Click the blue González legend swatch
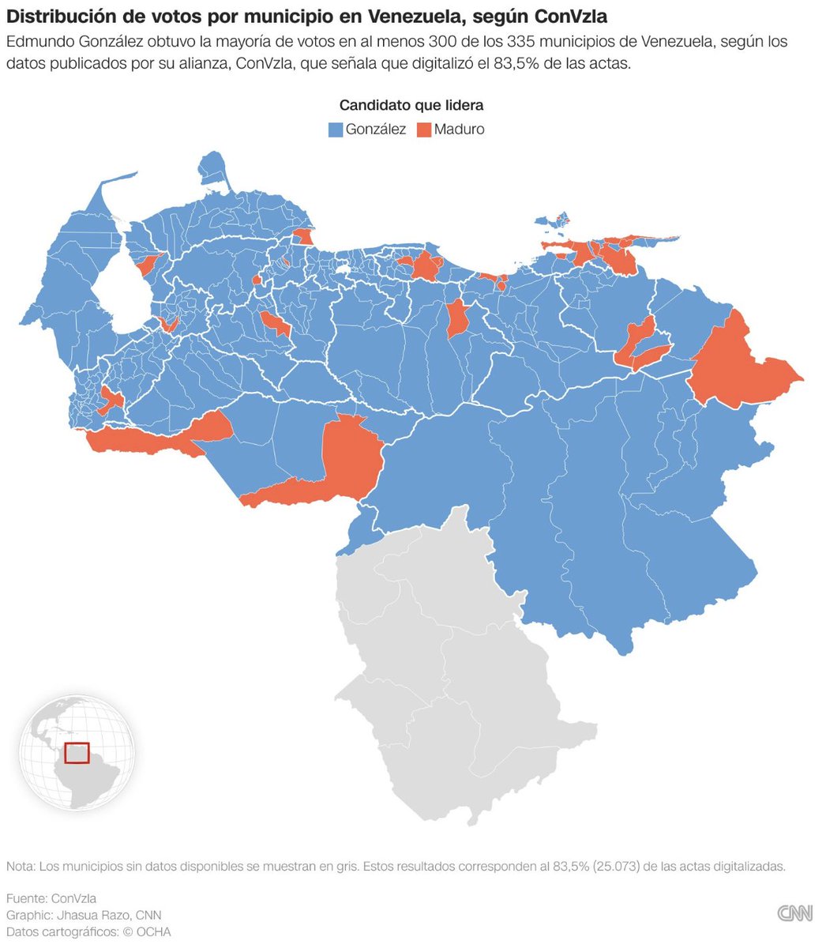click(x=336, y=130)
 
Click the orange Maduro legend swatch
click(x=424, y=130)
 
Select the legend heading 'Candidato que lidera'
click(x=411, y=105)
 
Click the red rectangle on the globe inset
click(x=77, y=753)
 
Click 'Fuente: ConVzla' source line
click(x=51, y=898)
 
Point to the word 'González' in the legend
click(x=375, y=130)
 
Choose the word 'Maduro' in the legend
click(x=459, y=130)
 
